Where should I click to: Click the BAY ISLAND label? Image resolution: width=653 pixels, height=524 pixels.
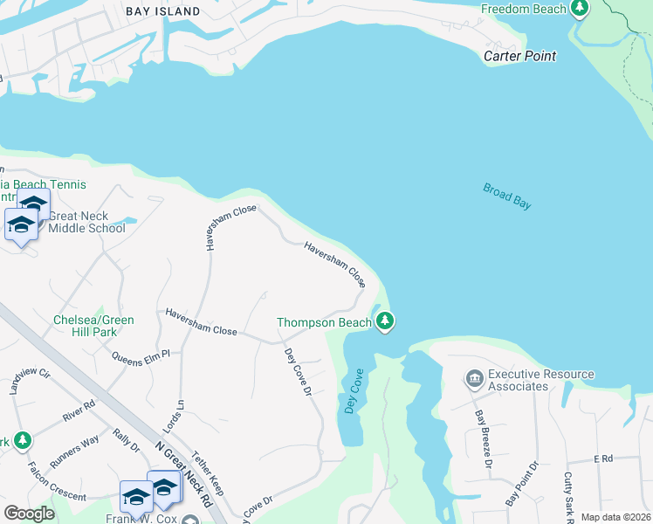tap(162, 11)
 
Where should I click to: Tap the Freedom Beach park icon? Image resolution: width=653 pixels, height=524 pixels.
tap(579, 9)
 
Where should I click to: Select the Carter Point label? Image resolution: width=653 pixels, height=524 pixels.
tap(520, 56)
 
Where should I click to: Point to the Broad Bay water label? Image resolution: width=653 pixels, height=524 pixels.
tap(507, 196)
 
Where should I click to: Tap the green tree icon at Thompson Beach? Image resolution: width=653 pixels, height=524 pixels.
tap(385, 322)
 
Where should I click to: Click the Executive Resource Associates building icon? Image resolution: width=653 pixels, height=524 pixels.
tap(475, 378)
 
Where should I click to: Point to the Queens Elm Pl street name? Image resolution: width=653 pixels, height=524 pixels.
tap(140, 355)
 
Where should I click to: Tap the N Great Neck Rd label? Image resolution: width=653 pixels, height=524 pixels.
tap(184, 474)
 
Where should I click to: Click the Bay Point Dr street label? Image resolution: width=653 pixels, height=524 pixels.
tap(521, 486)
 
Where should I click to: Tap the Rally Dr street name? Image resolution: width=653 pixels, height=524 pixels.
tap(127, 439)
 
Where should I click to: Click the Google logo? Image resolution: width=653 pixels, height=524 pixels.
tap(30, 514)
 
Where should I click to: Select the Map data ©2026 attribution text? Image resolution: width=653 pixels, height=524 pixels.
tap(615, 517)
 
